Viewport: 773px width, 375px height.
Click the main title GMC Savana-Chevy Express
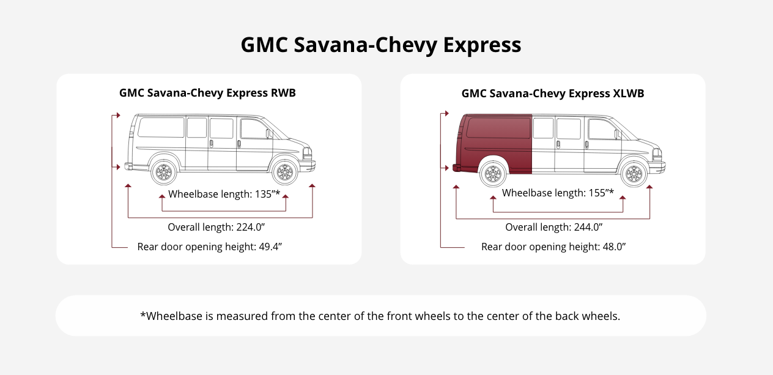[x=380, y=45]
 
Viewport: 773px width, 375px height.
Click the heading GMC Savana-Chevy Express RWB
[x=208, y=94]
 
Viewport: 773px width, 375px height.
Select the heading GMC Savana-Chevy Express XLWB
[x=552, y=94]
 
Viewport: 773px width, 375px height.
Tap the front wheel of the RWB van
[x=284, y=173]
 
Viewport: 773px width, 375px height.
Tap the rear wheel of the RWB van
[x=164, y=173]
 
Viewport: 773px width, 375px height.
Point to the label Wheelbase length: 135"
[x=224, y=195]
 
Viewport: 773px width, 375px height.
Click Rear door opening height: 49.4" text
[x=209, y=247]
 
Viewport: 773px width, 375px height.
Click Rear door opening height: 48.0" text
[x=553, y=247]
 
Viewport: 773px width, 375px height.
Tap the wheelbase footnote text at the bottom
[x=380, y=316]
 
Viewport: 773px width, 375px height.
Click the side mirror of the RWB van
[x=268, y=133]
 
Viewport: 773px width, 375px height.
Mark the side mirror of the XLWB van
[x=616, y=133]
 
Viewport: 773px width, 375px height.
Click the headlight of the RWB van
[x=308, y=153]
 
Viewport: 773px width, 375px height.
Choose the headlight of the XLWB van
[x=657, y=154]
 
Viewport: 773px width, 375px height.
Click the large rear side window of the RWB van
[x=161, y=127]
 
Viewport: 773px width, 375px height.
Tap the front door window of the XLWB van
[x=602, y=130]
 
